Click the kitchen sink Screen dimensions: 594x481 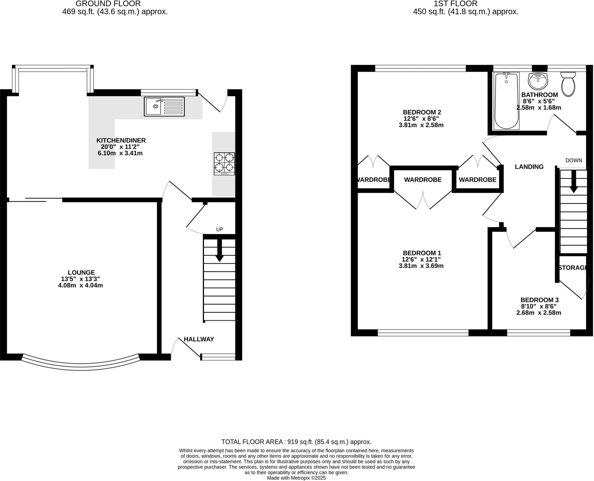[164, 106]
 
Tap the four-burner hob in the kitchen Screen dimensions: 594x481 [224, 164]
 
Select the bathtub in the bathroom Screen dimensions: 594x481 [506, 101]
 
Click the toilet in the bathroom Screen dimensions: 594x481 [568, 84]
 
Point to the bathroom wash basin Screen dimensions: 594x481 [538, 81]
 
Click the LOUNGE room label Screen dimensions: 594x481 [81, 273]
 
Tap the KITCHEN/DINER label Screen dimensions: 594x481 [121, 140]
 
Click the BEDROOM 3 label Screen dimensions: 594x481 [539, 300]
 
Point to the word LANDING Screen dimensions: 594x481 [529, 167]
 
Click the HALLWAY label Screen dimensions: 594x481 [199, 339]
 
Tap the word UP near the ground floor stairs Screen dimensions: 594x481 [220, 229]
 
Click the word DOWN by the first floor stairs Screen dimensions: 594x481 [574, 160]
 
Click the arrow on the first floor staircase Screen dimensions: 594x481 [573, 181]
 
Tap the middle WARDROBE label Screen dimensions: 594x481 [423, 180]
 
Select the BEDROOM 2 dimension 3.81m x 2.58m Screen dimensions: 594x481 [421, 125]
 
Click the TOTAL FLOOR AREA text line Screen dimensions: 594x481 [296, 442]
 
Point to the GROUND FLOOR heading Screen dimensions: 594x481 [108, 4]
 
